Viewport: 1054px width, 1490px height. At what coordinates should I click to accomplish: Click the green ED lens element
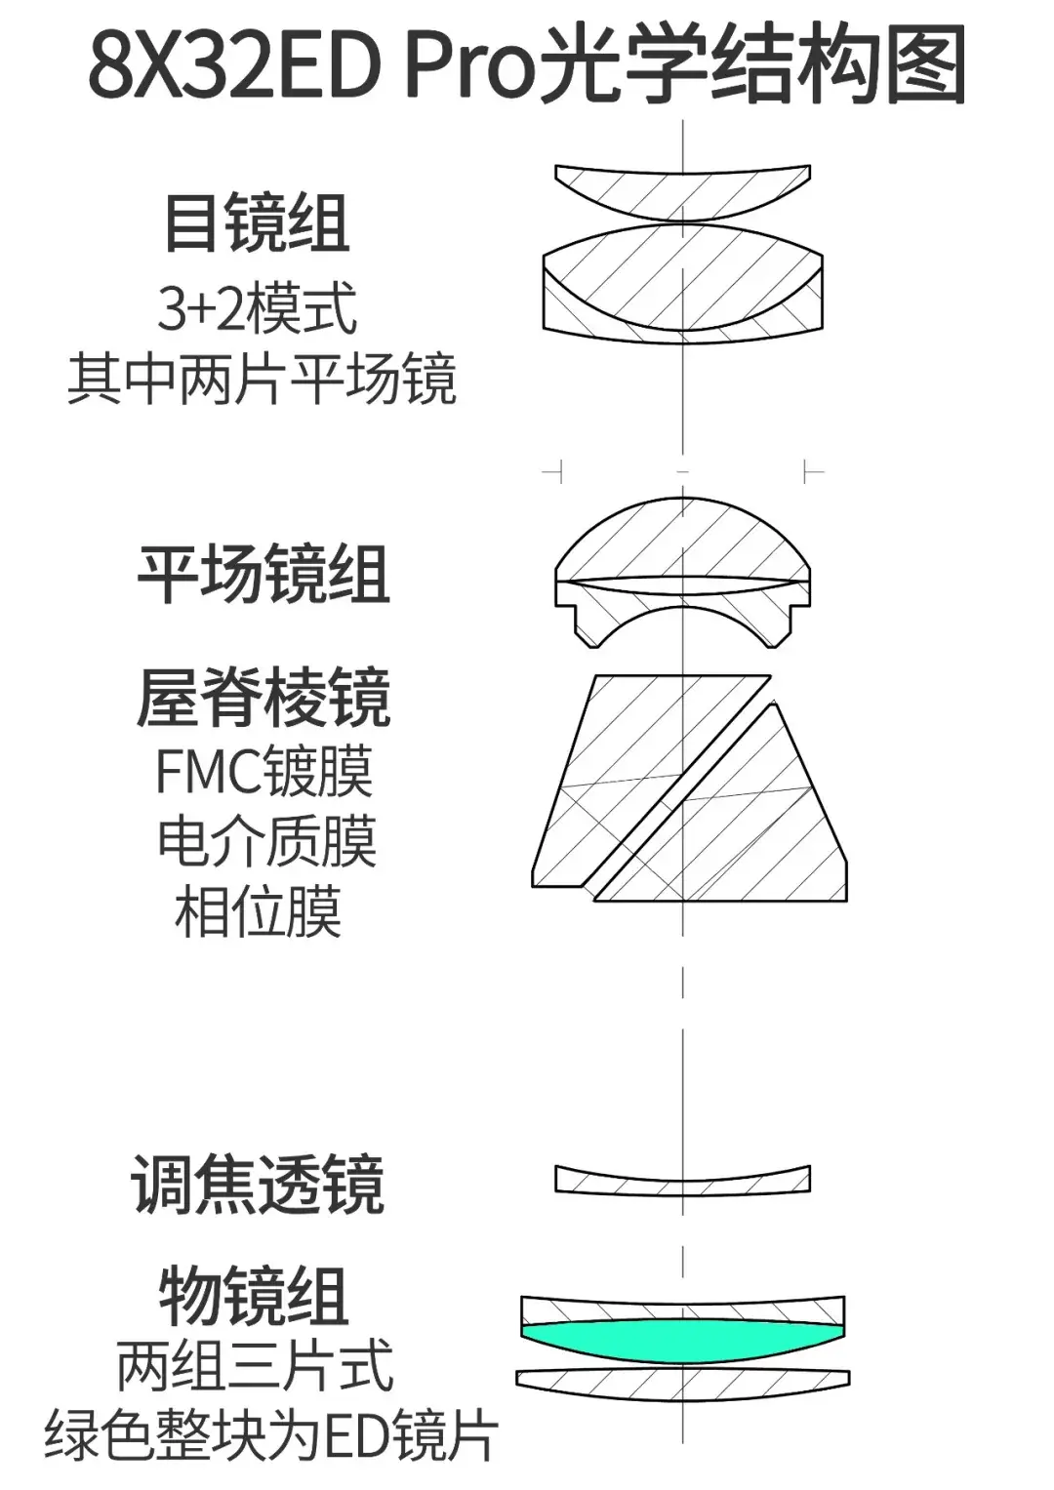coord(682,1338)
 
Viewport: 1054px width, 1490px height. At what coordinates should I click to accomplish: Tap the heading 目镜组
coord(258,223)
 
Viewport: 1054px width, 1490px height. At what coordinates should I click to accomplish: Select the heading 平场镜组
coord(263,574)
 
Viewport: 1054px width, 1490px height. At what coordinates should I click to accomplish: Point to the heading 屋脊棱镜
coord(263,698)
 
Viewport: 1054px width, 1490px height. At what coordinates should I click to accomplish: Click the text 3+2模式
coord(258,308)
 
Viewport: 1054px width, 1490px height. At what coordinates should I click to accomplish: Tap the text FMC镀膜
coord(263,772)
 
